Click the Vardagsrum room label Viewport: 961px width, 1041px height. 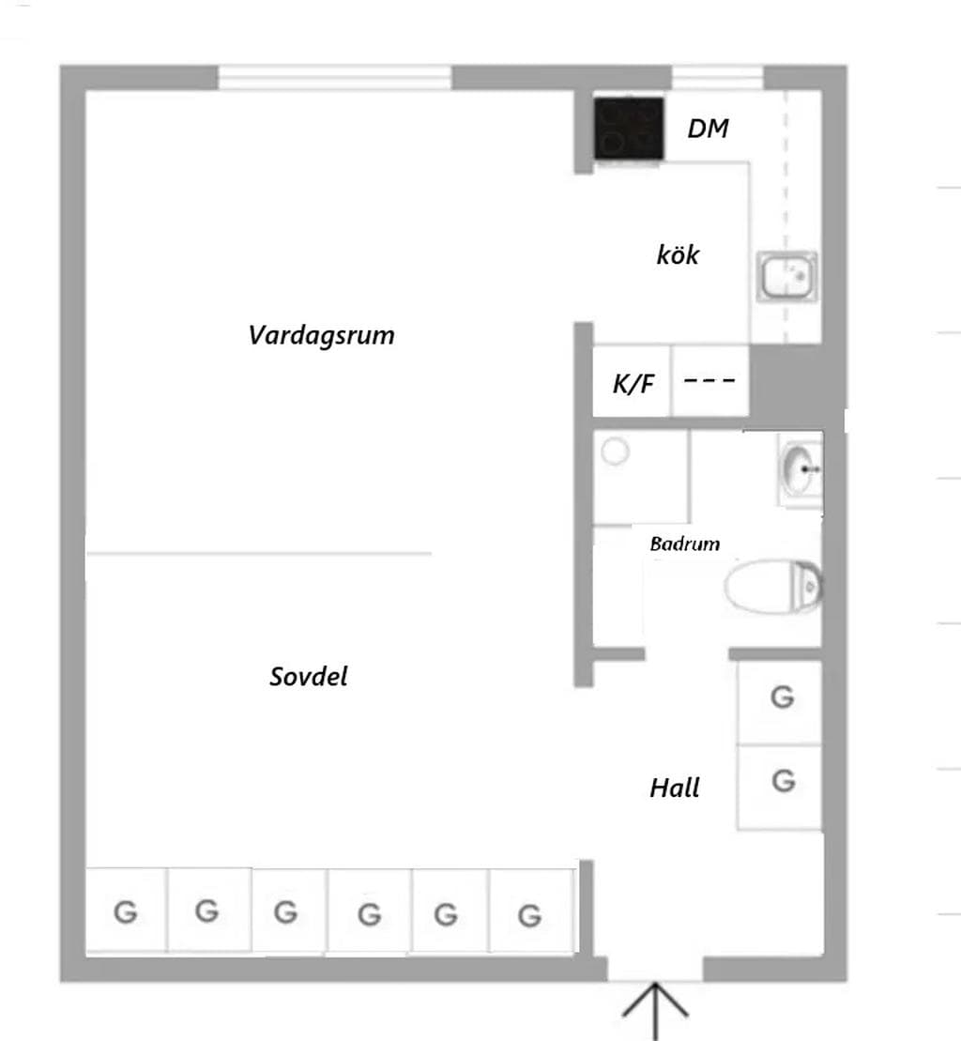click(321, 335)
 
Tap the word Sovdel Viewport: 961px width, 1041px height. click(309, 677)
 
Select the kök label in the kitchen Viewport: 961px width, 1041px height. click(678, 254)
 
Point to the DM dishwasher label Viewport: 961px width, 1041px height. click(709, 129)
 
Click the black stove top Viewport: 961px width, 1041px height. click(629, 129)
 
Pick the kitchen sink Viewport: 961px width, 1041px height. click(787, 276)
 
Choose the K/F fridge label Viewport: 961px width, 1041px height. click(633, 384)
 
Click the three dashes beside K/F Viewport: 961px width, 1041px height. click(709, 381)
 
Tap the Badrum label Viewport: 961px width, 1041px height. click(685, 543)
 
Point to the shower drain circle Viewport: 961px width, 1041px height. click(616, 452)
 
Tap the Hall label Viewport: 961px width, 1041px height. click(674, 788)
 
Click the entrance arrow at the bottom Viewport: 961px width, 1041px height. click(656, 1010)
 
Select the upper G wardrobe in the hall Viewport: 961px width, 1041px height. click(780, 702)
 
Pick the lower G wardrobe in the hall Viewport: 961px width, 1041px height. click(780, 788)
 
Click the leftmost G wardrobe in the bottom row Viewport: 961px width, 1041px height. click(127, 911)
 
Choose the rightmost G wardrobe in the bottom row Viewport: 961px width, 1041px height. click(531, 912)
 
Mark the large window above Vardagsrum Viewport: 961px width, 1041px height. click(335, 77)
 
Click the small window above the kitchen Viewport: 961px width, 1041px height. click(717, 77)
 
